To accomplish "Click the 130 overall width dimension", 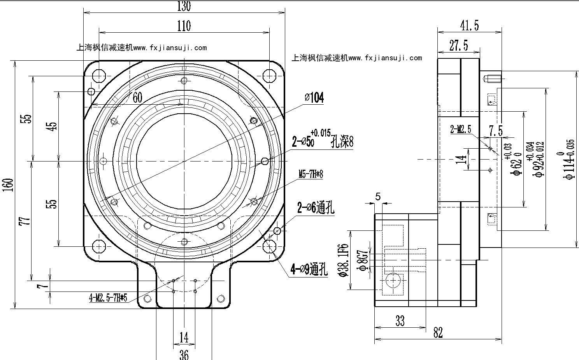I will click(x=184, y=6).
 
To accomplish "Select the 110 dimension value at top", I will click(x=184, y=26).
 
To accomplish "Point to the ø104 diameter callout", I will click(x=315, y=98).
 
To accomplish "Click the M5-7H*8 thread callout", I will click(x=311, y=174).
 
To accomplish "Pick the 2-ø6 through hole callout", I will click(x=316, y=208).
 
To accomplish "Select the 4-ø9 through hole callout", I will click(x=309, y=269).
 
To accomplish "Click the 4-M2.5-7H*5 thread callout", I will click(x=108, y=299).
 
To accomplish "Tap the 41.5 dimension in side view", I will click(x=469, y=26).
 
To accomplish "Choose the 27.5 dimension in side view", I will click(x=458, y=46).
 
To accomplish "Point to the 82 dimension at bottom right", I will click(x=438, y=333).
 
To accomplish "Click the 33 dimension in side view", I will click(x=400, y=321).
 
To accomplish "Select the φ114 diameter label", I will click(x=570, y=159).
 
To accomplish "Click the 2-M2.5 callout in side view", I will click(x=460, y=129).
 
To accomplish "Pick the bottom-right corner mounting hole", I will click(x=269, y=246).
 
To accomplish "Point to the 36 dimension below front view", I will click(x=184, y=354).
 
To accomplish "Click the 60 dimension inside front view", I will click(x=137, y=97).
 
